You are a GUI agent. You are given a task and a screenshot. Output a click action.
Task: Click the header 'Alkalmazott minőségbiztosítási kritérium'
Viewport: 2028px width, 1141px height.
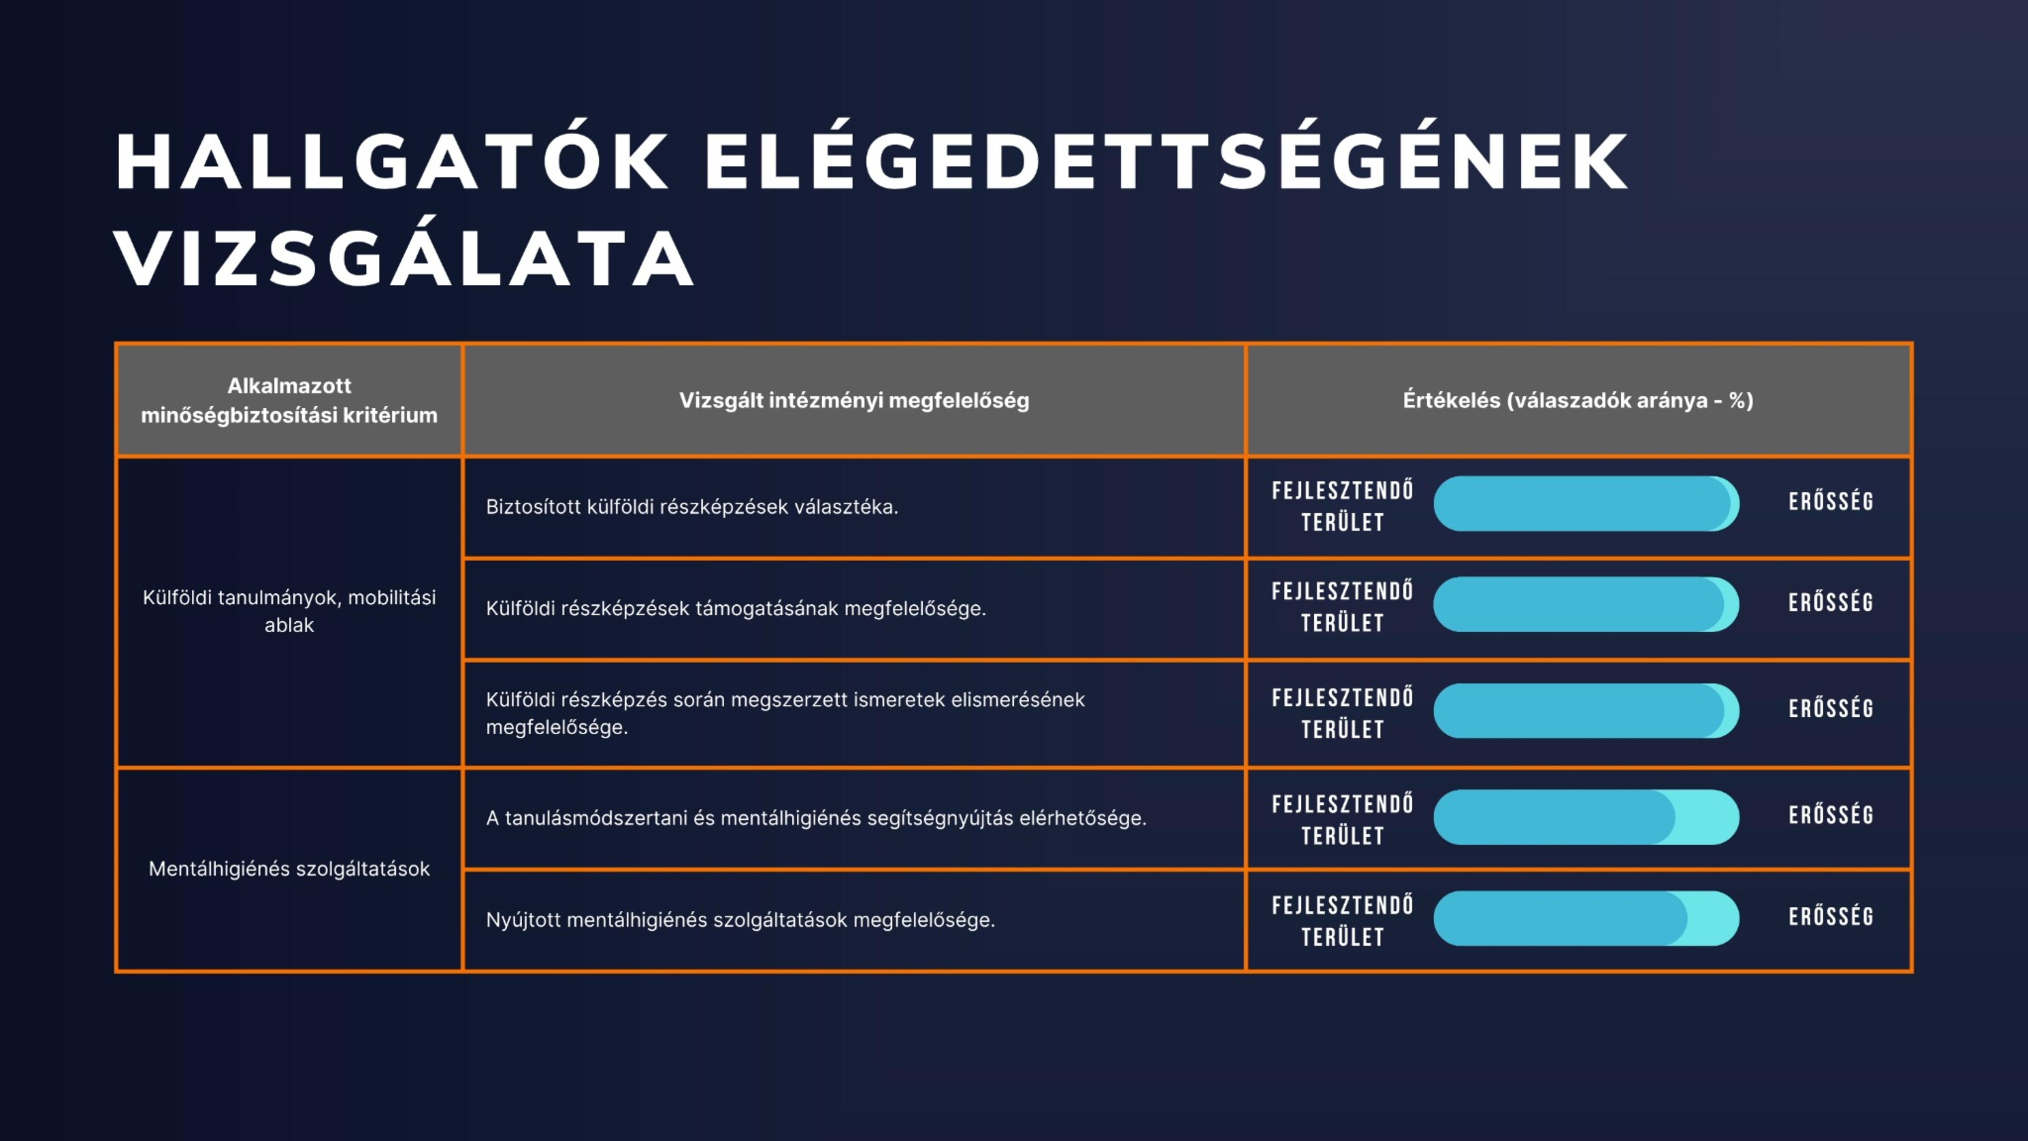[289, 400]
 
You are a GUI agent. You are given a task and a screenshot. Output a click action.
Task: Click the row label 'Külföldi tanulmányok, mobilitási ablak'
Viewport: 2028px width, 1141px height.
[289, 611]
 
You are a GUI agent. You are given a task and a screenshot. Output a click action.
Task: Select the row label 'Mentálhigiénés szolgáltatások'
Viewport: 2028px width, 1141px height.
[289, 869]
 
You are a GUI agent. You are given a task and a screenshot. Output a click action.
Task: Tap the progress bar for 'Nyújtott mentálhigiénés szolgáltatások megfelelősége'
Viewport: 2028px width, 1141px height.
[1586, 918]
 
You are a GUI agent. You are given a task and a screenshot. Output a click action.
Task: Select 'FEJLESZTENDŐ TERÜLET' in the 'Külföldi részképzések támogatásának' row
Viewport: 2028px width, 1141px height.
[1342, 607]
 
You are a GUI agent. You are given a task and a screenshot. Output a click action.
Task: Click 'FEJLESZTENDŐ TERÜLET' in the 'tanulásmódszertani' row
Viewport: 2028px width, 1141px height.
[1342, 820]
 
